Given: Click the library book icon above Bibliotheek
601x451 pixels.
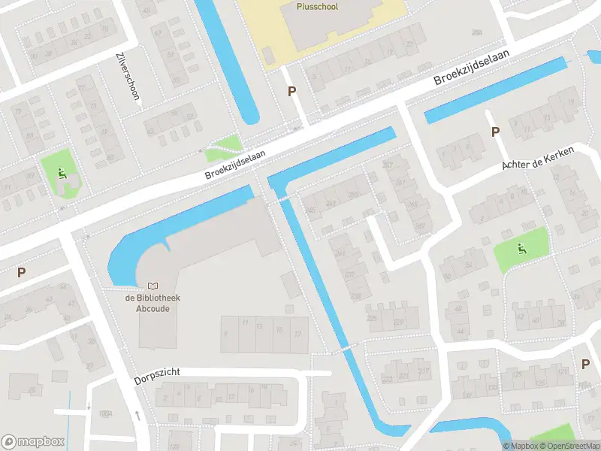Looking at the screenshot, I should click(153, 286).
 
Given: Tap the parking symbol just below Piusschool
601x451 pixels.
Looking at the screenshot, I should click(291, 92).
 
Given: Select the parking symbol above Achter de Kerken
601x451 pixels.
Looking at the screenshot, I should click(495, 132).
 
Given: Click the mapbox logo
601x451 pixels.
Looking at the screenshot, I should click(33, 441).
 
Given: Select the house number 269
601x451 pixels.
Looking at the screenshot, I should click(353, 194).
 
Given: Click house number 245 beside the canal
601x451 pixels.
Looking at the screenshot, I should click(310, 210).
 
